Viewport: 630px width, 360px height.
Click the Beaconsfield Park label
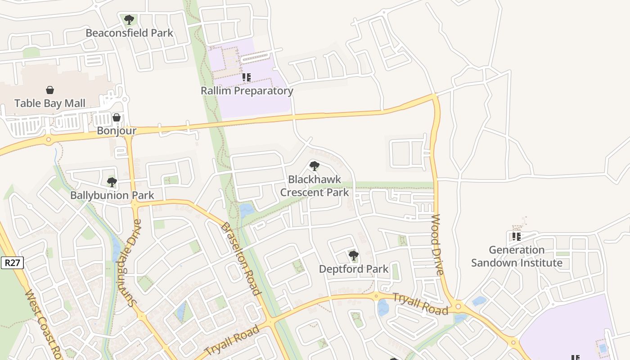[x=129, y=33]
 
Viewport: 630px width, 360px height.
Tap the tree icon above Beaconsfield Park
[x=129, y=20]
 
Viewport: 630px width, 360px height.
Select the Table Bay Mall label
[x=50, y=103]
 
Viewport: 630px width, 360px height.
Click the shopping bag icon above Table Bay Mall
[x=50, y=90]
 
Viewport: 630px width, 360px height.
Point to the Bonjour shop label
[x=117, y=131]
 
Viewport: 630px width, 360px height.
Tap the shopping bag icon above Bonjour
[x=117, y=118]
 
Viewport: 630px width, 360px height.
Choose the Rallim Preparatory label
[x=247, y=90]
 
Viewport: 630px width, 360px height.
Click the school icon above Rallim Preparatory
[x=247, y=77]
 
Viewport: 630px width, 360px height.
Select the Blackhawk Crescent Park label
[x=315, y=186]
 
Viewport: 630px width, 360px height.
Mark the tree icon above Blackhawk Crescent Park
[x=315, y=166]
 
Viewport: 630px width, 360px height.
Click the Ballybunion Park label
[x=112, y=195]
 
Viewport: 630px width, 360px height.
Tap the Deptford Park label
[x=354, y=269]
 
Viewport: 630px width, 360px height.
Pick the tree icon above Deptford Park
[x=354, y=256]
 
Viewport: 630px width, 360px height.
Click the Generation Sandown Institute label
[x=517, y=256]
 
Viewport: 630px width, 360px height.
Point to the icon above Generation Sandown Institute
[x=517, y=236]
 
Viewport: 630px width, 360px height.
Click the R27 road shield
[x=12, y=263]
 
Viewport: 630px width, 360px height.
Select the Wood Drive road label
[x=437, y=245]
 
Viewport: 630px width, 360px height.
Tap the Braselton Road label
[x=241, y=259]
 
